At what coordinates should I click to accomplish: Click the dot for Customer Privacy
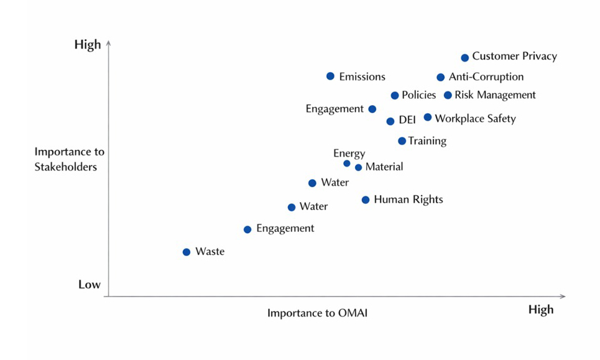pos(464,58)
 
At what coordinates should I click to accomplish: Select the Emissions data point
pos(330,76)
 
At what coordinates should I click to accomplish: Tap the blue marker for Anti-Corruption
pos(440,78)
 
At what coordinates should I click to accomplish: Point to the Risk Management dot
pos(448,95)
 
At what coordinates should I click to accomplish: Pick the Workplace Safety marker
pos(428,117)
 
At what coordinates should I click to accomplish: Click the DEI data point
pos(390,121)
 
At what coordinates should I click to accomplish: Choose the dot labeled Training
pos(402,141)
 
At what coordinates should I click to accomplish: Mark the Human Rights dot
pos(366,200)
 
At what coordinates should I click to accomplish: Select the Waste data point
pos(187,252)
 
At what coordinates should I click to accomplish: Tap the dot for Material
pos(358,167)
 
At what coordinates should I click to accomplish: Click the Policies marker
pos(394,96)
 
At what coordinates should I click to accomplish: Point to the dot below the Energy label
pos(347,164)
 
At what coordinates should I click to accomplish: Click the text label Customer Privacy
pos(514,57)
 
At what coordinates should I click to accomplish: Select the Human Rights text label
pos(408,200)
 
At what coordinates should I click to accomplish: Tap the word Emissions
pos(362,77)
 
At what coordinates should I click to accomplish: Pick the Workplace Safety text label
pos(475,118)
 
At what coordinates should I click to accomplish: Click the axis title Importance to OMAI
pos(317,313)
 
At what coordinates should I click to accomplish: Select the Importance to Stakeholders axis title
pos(70,159)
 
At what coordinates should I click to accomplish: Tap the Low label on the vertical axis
pos(90,285)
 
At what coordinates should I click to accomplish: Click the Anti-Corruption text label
pos(486,77)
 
